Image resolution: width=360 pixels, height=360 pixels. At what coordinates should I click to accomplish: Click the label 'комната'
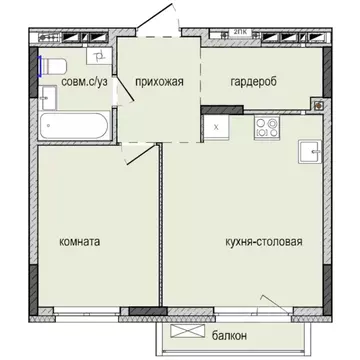pyautogui.click(x=83, y=242)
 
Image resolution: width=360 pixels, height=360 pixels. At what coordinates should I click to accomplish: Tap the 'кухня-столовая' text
pyautogui.click(x=262, y=242)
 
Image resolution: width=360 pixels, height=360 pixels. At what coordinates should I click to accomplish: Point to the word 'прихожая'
pyautogui.click(x=159, y=83)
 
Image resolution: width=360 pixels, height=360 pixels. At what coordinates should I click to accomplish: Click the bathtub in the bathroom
pyautogui.click(x=75, y=127)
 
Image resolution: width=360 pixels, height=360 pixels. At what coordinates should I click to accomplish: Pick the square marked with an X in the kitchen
pyautogui.click(x=217, y=127)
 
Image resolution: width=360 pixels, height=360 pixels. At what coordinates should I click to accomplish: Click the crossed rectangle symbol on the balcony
pyautogui.click(x=185, y=333)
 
